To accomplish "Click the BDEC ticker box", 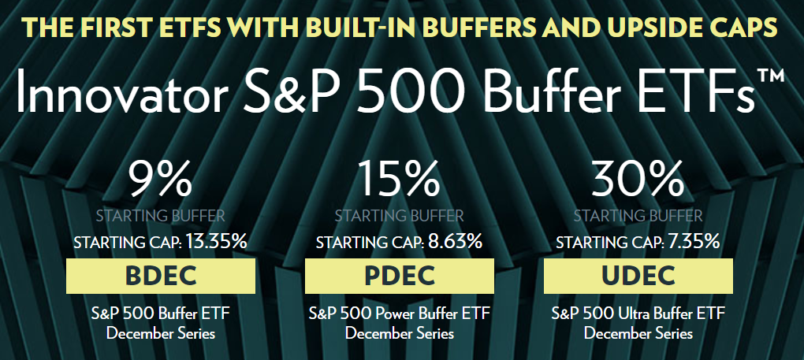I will click(160, 277).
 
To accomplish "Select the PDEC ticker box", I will click(399, 277).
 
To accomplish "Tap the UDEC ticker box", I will click(638, 277).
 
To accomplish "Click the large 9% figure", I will click(160, 180).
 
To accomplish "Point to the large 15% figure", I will click(399, 180).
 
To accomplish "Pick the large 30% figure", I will click(638, 180).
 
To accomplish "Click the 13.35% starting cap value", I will click(217, 242).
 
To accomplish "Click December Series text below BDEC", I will click(160, 333).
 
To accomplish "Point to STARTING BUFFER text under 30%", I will click(638, 215).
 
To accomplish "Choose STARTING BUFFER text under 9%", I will click(160, 215).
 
